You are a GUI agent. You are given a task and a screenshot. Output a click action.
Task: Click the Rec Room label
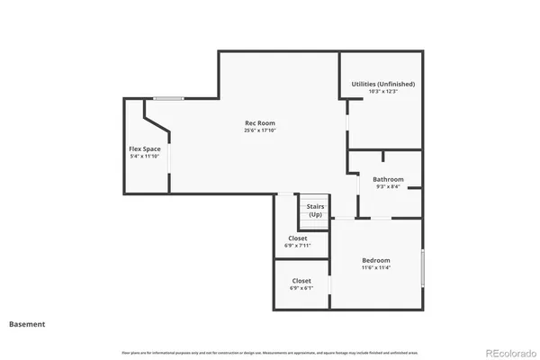260,122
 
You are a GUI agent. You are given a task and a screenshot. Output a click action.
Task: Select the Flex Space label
145,148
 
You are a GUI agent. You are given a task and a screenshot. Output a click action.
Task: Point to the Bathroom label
389,179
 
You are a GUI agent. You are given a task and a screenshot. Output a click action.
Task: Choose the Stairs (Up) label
315,211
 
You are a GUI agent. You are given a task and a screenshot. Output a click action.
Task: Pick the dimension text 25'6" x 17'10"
260,130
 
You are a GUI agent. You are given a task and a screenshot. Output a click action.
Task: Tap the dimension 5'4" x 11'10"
145,157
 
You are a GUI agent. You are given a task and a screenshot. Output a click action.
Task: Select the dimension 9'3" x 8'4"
389,187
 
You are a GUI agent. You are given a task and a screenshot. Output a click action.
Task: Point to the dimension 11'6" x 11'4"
377,267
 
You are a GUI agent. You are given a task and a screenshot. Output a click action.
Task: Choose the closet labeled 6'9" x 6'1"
301,284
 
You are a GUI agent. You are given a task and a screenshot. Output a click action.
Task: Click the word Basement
27,324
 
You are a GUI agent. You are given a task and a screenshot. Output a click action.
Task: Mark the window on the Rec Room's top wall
168,98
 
